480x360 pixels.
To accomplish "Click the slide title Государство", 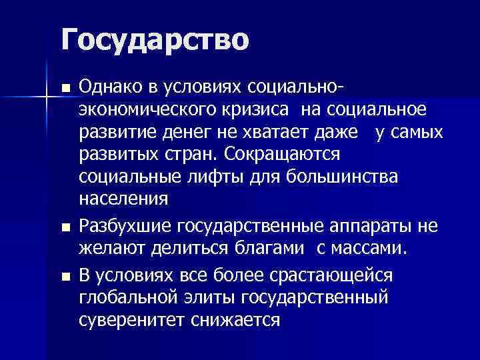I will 155,39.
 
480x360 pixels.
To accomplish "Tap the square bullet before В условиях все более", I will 64,275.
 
